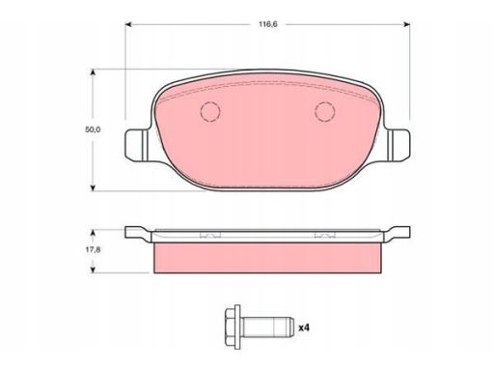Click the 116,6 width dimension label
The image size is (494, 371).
(x=268, y=24)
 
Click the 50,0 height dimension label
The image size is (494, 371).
(x=93, y=129)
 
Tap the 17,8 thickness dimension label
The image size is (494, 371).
(x=93, y=249)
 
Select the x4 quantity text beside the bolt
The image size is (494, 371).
(x=304, y=328)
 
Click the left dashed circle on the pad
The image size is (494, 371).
(x=210, y=111)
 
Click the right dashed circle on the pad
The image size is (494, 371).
(x=325, y=111)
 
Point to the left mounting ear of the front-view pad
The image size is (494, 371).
(x=136, y=145)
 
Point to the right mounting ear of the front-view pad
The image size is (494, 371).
(x=398, y=145)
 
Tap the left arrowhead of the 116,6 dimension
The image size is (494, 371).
(x=128, y=24)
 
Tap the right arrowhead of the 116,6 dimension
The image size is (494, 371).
(x=407, y=24)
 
